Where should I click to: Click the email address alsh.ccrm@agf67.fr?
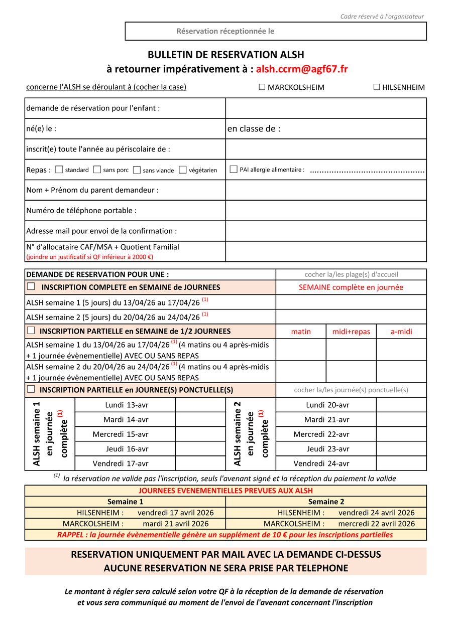(302, 69)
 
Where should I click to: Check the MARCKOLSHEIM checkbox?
(262, 87)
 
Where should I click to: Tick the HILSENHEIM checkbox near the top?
(377, 87)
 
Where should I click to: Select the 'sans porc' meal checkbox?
(97, 170)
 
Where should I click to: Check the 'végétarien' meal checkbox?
(183, 170)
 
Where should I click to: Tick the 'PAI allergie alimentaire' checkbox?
(234, 170)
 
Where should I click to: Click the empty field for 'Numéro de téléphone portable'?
(326, 211)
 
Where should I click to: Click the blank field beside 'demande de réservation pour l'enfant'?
(326, 108)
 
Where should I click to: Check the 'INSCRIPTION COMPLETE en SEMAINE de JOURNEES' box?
(31, 287)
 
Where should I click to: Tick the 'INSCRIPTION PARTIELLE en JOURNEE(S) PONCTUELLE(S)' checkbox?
(31, 389)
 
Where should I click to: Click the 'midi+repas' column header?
(351, 332)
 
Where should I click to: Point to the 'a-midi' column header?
(401, 332)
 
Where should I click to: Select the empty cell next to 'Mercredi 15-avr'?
(200, 434)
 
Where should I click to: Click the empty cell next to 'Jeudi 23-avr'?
(401, 449)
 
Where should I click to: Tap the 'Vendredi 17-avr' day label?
(121, 463)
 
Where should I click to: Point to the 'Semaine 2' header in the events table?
(326, 502)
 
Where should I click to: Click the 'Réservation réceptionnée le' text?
(225, 31)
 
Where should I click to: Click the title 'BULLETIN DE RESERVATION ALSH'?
(225, 55)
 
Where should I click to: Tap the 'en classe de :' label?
(254, 129)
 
